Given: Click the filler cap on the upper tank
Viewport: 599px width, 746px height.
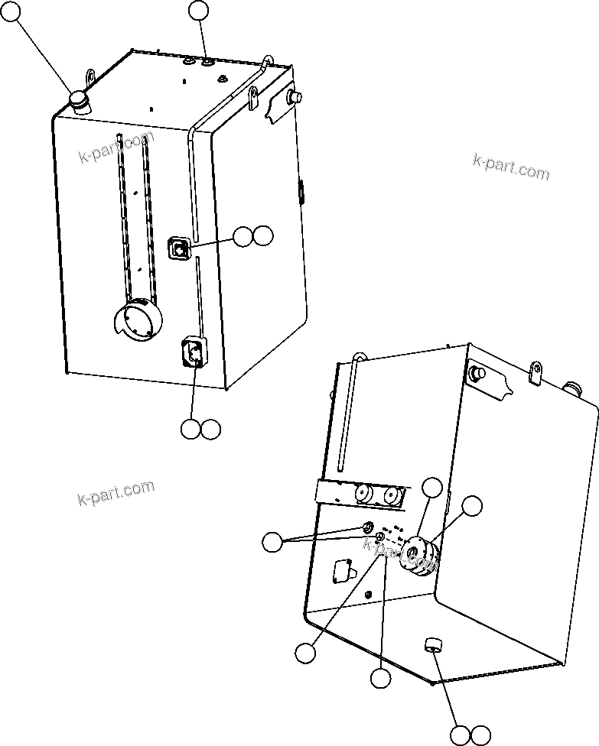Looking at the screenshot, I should click(x=79, y=101).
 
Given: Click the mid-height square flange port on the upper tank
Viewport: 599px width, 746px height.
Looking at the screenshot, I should click(x=179, y=248).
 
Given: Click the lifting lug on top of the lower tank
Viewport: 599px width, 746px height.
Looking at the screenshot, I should click(x=536, y=373).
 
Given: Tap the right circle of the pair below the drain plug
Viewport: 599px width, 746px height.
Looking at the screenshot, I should click(x=480, y=735).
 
